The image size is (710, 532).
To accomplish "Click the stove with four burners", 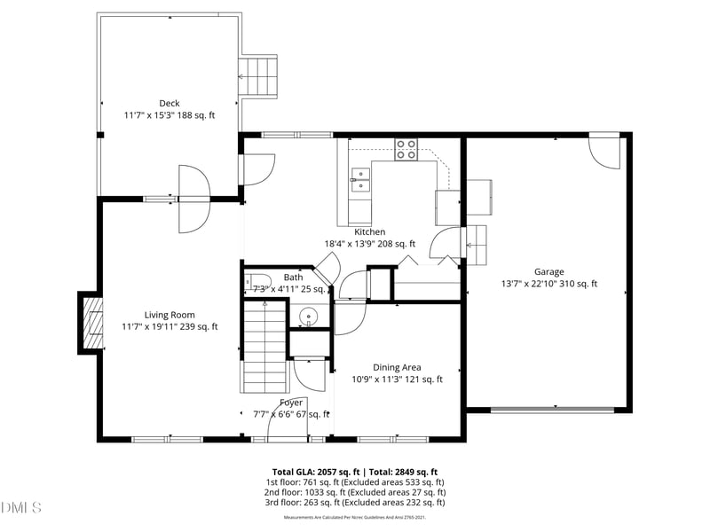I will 406,150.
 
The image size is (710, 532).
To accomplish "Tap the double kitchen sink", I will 359,179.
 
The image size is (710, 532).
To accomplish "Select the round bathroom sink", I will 308,315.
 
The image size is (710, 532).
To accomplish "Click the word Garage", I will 548,272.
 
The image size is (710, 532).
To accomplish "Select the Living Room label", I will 170,315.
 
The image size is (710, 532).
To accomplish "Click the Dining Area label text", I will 397,367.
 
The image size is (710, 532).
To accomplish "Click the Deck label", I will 169,104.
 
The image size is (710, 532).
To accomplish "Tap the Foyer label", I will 291,403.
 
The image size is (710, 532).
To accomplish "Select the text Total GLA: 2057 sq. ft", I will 317,472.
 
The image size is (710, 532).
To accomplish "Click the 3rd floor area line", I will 355,503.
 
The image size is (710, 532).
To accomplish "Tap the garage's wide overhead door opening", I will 552,410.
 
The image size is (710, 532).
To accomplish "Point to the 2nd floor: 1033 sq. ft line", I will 355,492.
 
